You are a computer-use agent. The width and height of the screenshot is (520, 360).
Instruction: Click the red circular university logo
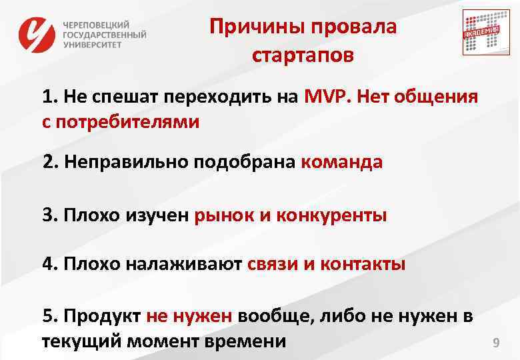point(37,35)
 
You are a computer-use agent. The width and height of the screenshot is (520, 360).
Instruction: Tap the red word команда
point(341,163)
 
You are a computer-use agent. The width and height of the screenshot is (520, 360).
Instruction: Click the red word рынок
point(222,215)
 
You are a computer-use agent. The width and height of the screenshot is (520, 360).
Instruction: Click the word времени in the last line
point(249,342)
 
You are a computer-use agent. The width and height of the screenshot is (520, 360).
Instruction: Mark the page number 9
point(495,343)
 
